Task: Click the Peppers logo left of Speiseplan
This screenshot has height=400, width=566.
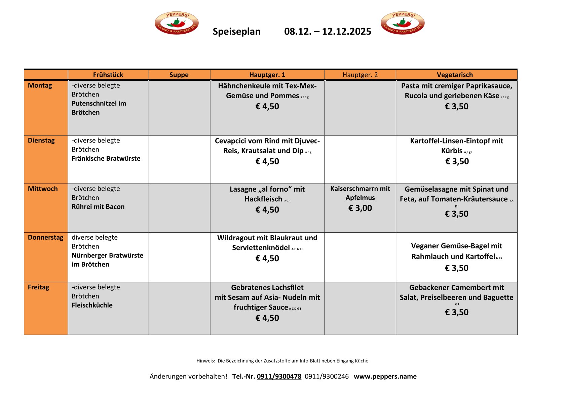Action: click(x=177, y=23)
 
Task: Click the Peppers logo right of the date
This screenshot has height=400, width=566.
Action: click(x=403, y=23)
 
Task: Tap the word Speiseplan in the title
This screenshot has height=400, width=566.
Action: click(x=236, y=32)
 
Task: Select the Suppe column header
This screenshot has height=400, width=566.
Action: click(x=179, y=75)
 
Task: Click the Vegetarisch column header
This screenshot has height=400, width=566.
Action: click(x=455, y=75)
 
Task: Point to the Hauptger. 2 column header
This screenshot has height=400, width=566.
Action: click(x=360, y=75)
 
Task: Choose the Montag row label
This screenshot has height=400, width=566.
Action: click(x=40, y=85)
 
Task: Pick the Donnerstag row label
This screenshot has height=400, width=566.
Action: click(x=45, y=237)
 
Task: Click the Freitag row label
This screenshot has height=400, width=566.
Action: click(x=38, y=287)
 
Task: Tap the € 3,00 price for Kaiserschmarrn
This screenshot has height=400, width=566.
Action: click(x=360, y=208)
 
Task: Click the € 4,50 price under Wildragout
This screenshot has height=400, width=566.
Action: click(x=267, y=258)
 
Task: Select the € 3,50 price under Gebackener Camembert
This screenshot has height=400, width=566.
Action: click(x=456, y=312)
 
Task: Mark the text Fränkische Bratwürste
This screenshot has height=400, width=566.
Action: click(x=106, y=158)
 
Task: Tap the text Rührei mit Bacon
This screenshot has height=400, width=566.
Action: click(x=98, y=207)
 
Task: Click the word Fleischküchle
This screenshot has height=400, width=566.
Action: click(x=92, y=305)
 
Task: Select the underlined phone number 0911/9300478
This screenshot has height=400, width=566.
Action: click(x=279, y=376)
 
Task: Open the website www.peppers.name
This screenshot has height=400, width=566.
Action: click(x=385, y=376)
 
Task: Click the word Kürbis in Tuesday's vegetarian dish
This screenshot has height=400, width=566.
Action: click(x=452, y=151)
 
